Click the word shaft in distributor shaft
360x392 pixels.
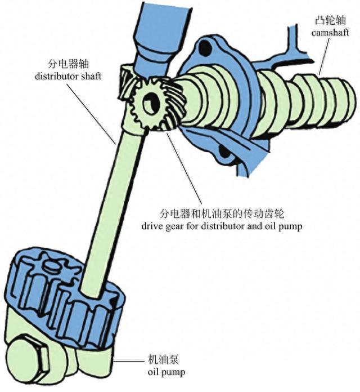(90, 76)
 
